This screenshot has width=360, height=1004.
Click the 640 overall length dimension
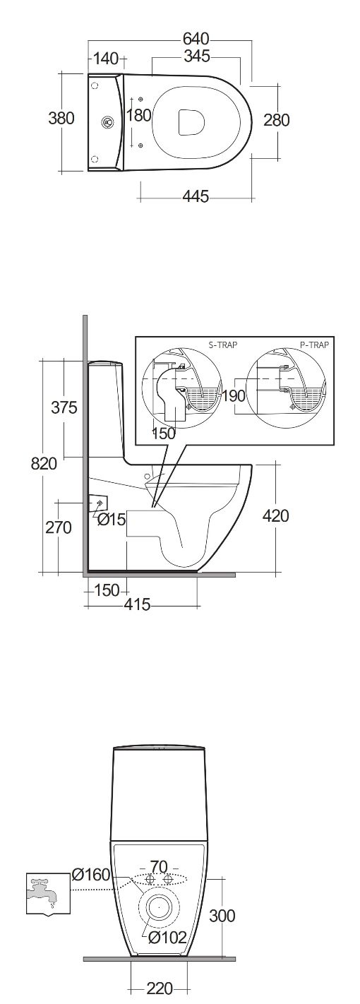pyautogui.click(x=196, y=39)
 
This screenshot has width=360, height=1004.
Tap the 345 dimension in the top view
pyautogui.click(x=197, y=56)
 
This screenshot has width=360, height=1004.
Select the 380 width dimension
pyautogui.click(x=61, y=119)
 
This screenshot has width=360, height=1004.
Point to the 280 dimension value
pyautogui.click(x=276, y=120)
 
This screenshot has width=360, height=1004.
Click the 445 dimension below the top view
pyautogui.click(x=196, y=196)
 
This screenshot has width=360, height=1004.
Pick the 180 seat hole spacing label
pyautogui.click(x=138, y=116)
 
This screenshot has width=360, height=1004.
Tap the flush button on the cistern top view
pyautogui.click(x=107, y=121)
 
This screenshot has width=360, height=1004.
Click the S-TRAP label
pyautogui.click(x=223, y=345)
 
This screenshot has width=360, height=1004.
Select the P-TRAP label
pyautogui.click(x=315, y=345)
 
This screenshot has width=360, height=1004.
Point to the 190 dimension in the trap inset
pyautogui.click(x=234, y=396)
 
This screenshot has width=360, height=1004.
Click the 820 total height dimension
pyautogui.click(x=44, y=464)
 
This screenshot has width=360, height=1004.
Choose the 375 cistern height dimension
pyautogui.click(x=64, y=408)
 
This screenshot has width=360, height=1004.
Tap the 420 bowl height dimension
pyautogui.click(x=275, y=516)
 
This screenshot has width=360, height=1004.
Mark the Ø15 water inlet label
pyautogui.click(x=112, y=520)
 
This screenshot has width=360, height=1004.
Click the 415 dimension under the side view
pyautogui.click(x=137, y=604)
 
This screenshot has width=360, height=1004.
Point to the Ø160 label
pyautogui.click(x=91, y=875)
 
